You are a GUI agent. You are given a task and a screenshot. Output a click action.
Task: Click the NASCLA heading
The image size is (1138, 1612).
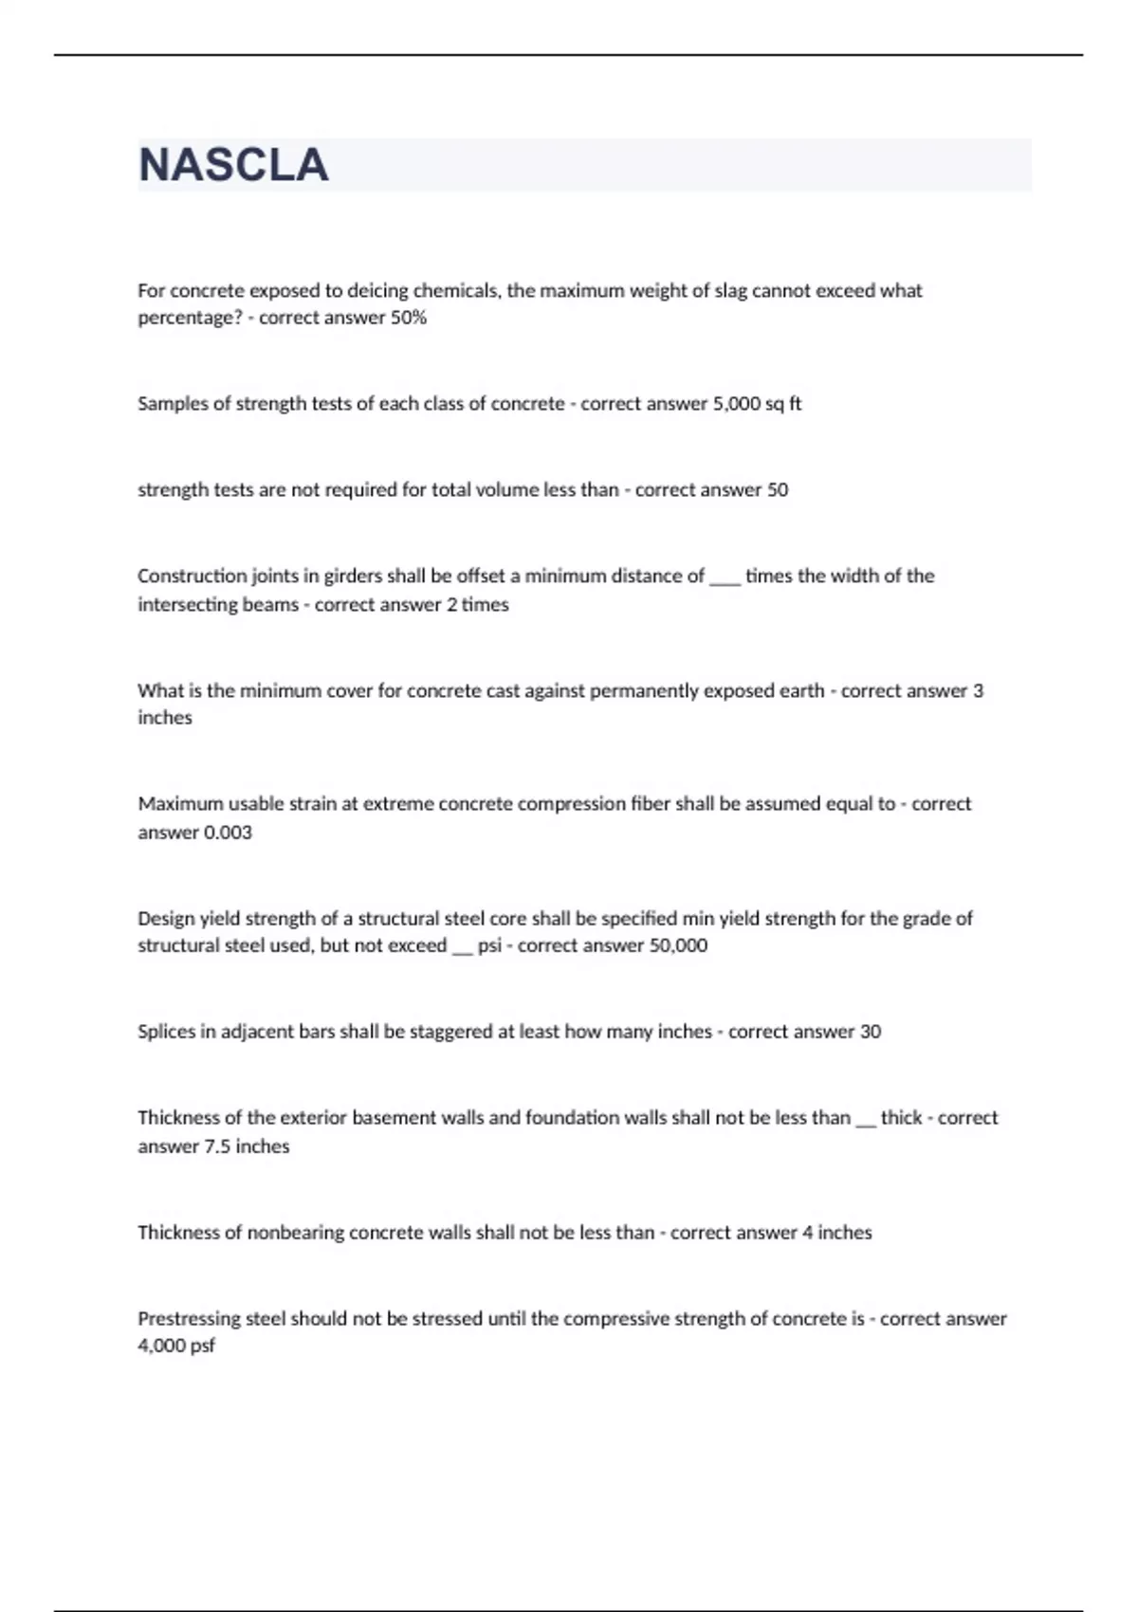coord(233,165)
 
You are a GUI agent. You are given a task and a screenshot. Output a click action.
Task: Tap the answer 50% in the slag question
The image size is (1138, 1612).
coord(409,318)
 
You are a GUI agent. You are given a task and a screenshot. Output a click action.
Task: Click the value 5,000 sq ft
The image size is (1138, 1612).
coord(757,403)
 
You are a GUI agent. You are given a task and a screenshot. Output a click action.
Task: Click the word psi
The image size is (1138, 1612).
coord(489,945)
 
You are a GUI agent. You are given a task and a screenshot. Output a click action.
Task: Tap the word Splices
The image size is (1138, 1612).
coord(165,1032)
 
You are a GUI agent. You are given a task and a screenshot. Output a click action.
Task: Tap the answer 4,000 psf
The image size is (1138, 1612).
coord(176,1346)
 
